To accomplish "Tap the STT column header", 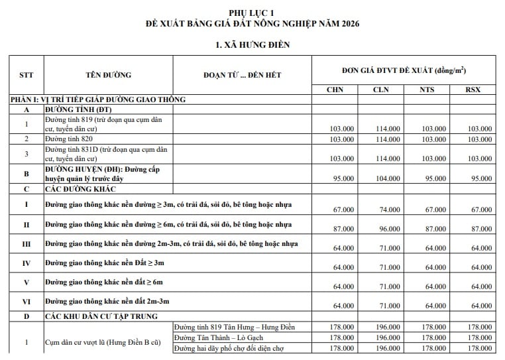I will coord(26,74).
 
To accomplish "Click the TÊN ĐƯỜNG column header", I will coord(108,74).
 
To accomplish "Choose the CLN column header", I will coord(381,89).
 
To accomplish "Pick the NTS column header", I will coord(427,89).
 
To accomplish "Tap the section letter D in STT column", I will coord(26,316).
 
